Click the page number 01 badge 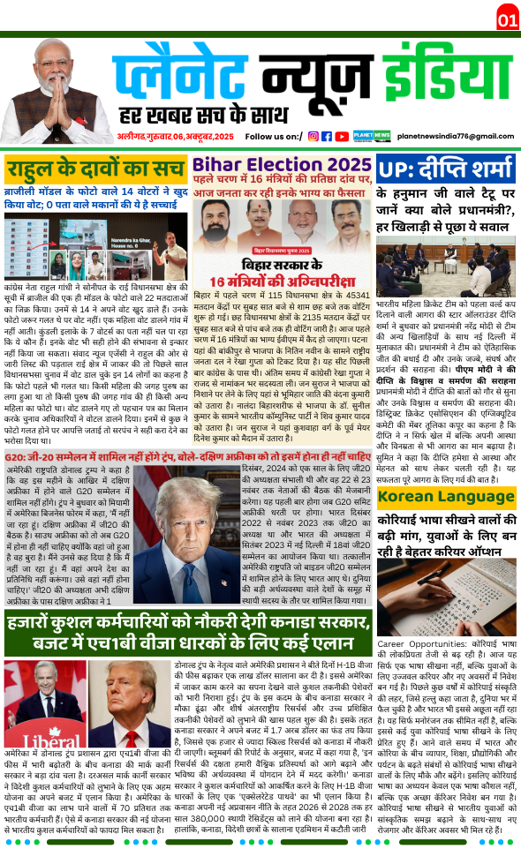tap(507, 19)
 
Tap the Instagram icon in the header tap(313, 136)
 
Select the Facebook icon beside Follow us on tap(326, 136)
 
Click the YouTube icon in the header tap(340, 136)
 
